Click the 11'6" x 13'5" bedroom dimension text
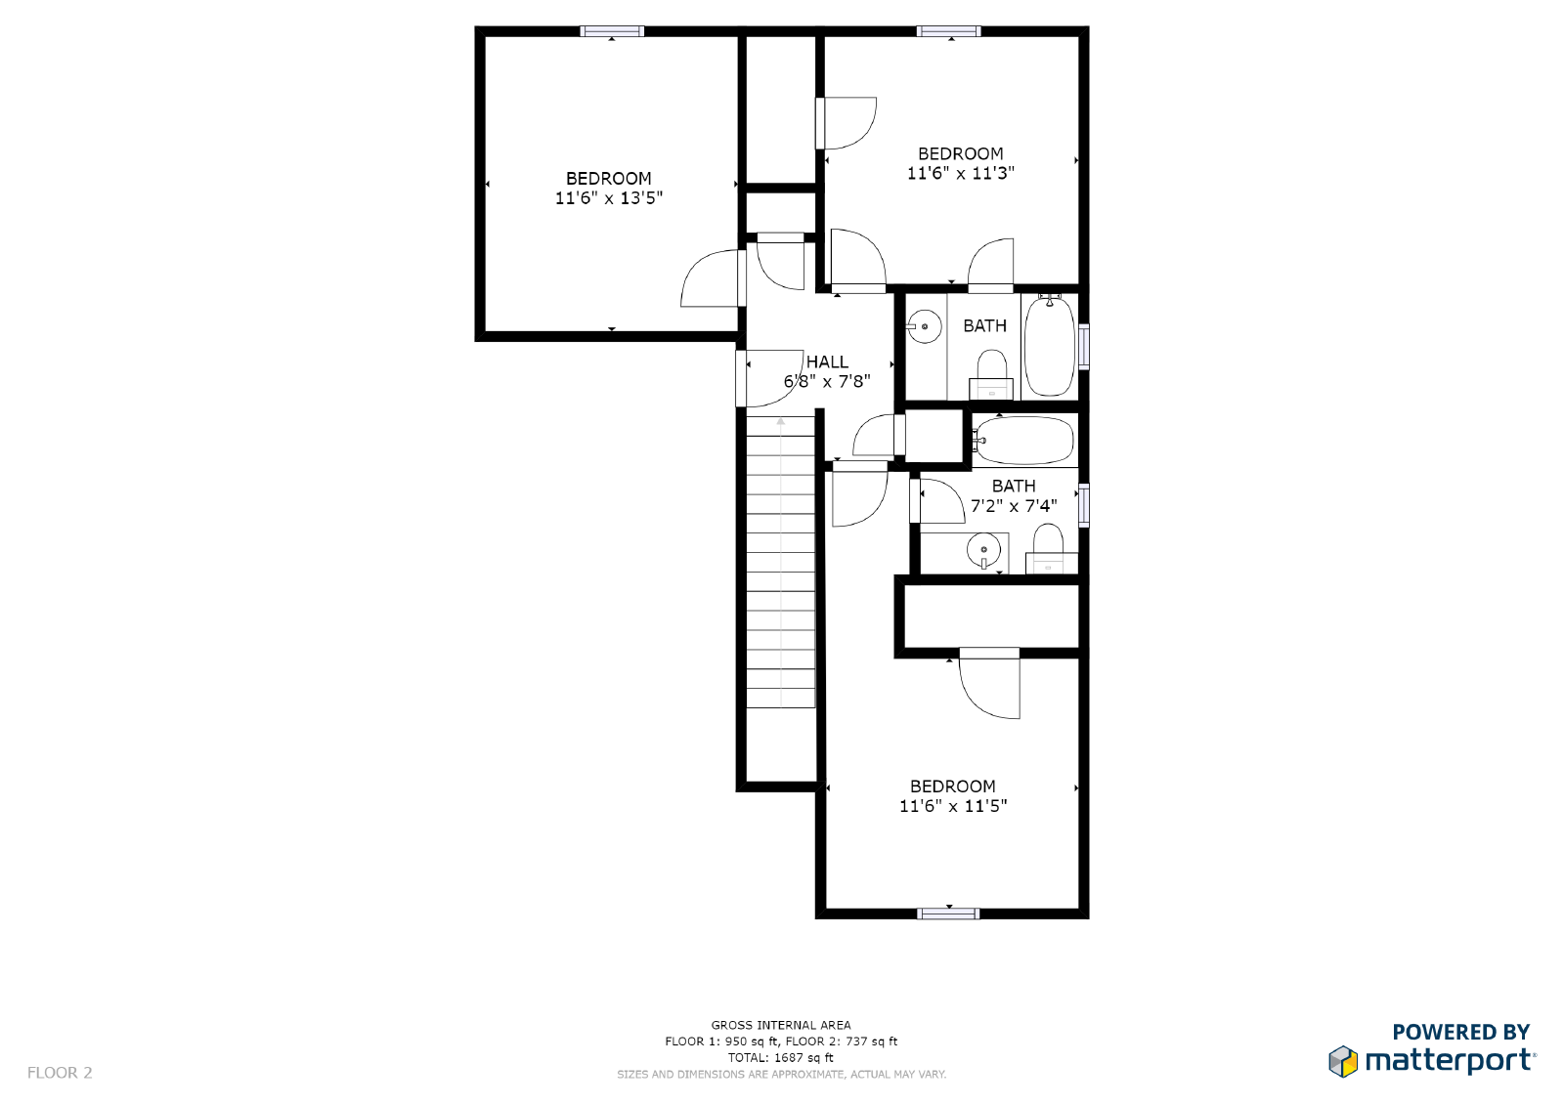click(x=608, y=198)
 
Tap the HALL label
click(x=827, y=361)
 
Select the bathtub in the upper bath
click(x=1050, y=346)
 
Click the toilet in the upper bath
click(x=991, y=374)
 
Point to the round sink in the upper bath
click(x=924, y=326)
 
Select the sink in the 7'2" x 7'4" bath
click(x=983, y=550)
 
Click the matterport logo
click(x=1432, y=1059)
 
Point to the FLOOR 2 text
click(x=60, y=1073)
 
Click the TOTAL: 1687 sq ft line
click(x=780, y=1057)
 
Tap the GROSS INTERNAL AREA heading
click(x=780, y=1025)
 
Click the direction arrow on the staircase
click(x=781, y=422)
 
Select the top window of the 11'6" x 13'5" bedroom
click(x=612, y=31)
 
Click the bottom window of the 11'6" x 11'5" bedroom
click(x=948, y=914)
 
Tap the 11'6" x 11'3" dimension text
click(x=960, y=174)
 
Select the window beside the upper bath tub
click(x=1083, y=346)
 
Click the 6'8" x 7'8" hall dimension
click(x=827, y=382)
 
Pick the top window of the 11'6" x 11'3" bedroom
click(x=948, y=31)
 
